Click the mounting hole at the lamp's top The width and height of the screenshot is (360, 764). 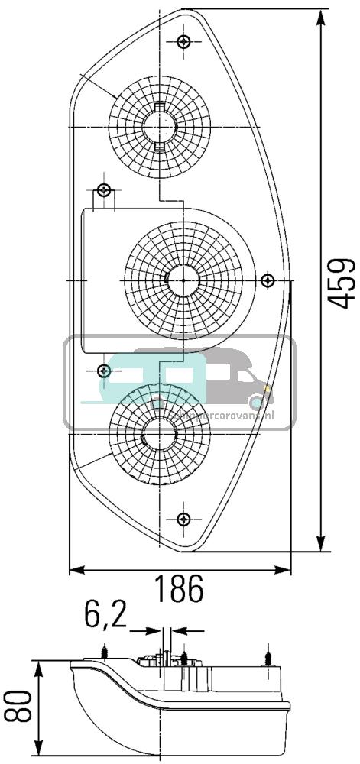point(183,41)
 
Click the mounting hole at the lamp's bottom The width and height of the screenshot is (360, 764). point(183,520)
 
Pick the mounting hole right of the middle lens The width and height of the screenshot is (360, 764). point(268,280)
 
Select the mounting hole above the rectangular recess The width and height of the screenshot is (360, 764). point(105,189)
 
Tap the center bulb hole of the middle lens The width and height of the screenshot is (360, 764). point(183,280)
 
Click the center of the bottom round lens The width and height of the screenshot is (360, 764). point(161,434)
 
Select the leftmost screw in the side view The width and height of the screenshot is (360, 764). point(103,652)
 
